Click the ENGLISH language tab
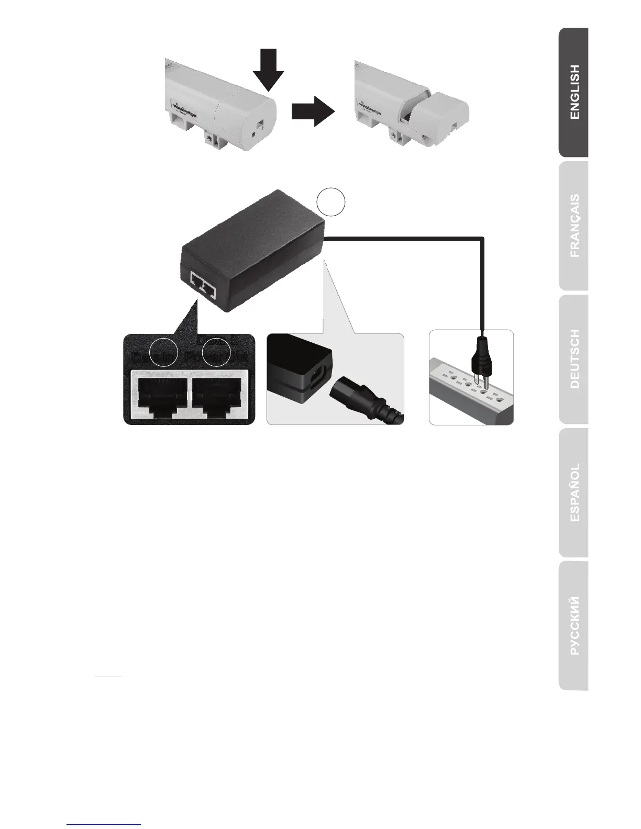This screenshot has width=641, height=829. [574, 93]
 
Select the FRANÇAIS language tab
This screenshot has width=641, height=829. [574, 226]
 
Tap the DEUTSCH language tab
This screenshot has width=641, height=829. [574, 359]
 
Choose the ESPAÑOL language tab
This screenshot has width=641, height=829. [574, 492]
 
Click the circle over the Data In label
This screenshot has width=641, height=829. [163, 352]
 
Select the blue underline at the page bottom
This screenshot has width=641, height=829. [105, 824]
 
